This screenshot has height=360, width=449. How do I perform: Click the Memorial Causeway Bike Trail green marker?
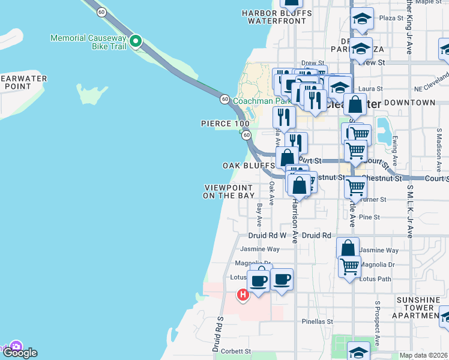point(136,41)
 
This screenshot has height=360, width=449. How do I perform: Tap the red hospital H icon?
point(243,295)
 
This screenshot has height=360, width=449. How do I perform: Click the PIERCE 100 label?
point(225,124)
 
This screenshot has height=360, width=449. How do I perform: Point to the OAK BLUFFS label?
point(249,165)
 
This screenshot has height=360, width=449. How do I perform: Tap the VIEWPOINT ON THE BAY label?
point(229,191)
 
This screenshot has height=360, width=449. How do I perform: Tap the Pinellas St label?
point(317,322)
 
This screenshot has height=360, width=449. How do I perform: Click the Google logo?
point(19,353)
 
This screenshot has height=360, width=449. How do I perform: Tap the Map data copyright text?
point(424,355)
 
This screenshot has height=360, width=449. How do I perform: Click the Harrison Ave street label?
point(295,220)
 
